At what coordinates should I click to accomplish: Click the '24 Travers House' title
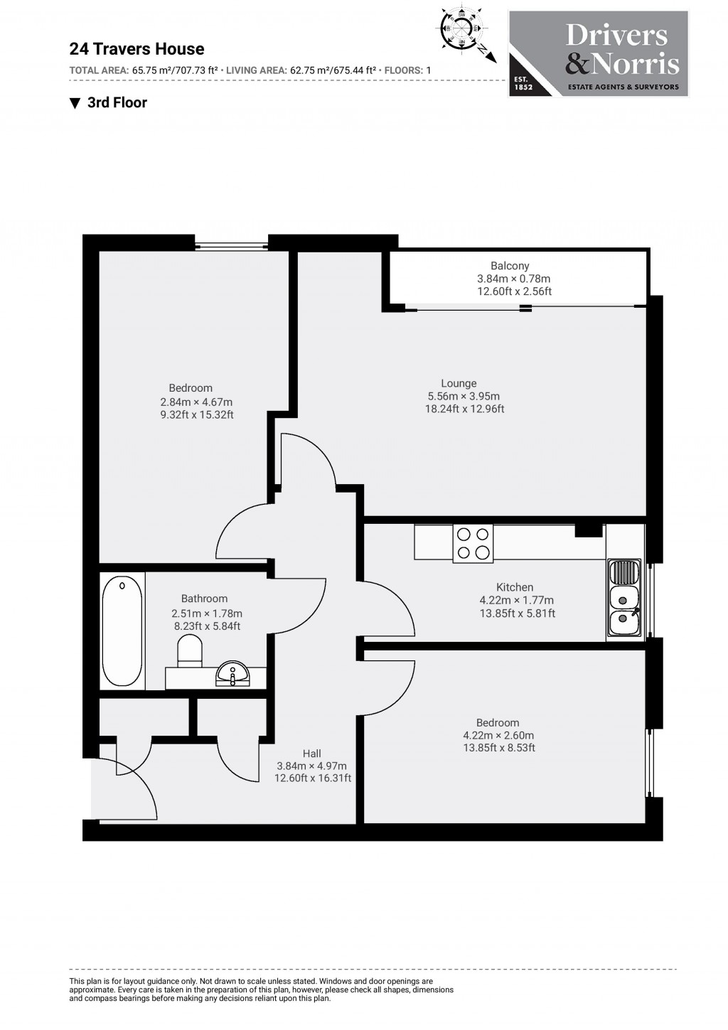(136, 49)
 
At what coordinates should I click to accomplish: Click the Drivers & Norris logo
(599, 53)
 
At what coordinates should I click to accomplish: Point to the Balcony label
(509, 266)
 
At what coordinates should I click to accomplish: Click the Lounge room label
(459, 383)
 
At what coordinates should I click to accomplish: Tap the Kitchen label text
(515, 587)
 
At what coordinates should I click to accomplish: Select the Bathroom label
(204, 599)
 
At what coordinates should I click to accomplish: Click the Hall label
(311, 753)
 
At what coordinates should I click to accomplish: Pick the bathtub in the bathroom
(122, 631)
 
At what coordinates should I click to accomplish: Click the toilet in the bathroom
(190, 650)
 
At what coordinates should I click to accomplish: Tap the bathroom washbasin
(232, 673)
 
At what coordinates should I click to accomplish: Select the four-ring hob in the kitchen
(473, 544)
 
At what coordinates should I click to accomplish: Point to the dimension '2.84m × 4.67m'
(196, 402)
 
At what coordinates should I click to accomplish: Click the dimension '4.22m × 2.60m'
(498, 736)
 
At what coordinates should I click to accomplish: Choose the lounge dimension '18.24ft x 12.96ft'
(464, 409)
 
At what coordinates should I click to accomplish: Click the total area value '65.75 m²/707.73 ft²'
(175, 70)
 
